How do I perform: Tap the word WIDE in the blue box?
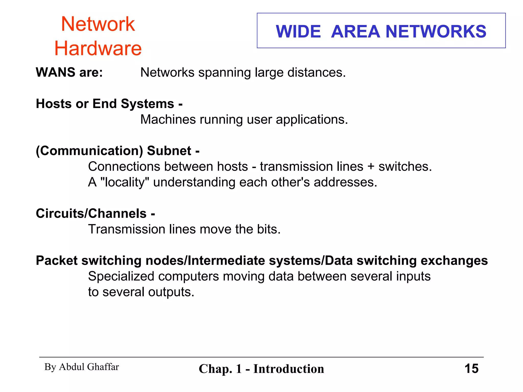(x=298, y=32)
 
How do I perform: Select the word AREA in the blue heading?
(x=355, y=32)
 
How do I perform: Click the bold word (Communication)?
(x=89, y=151)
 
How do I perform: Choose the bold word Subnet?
(x=169, y=151)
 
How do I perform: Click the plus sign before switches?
(x=371, y=167)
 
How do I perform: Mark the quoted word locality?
(x=125, y=182)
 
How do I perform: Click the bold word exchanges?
(x=454, y=261)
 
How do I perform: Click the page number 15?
(x=471, y=369)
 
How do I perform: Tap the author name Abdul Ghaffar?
(x=89, y=367)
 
